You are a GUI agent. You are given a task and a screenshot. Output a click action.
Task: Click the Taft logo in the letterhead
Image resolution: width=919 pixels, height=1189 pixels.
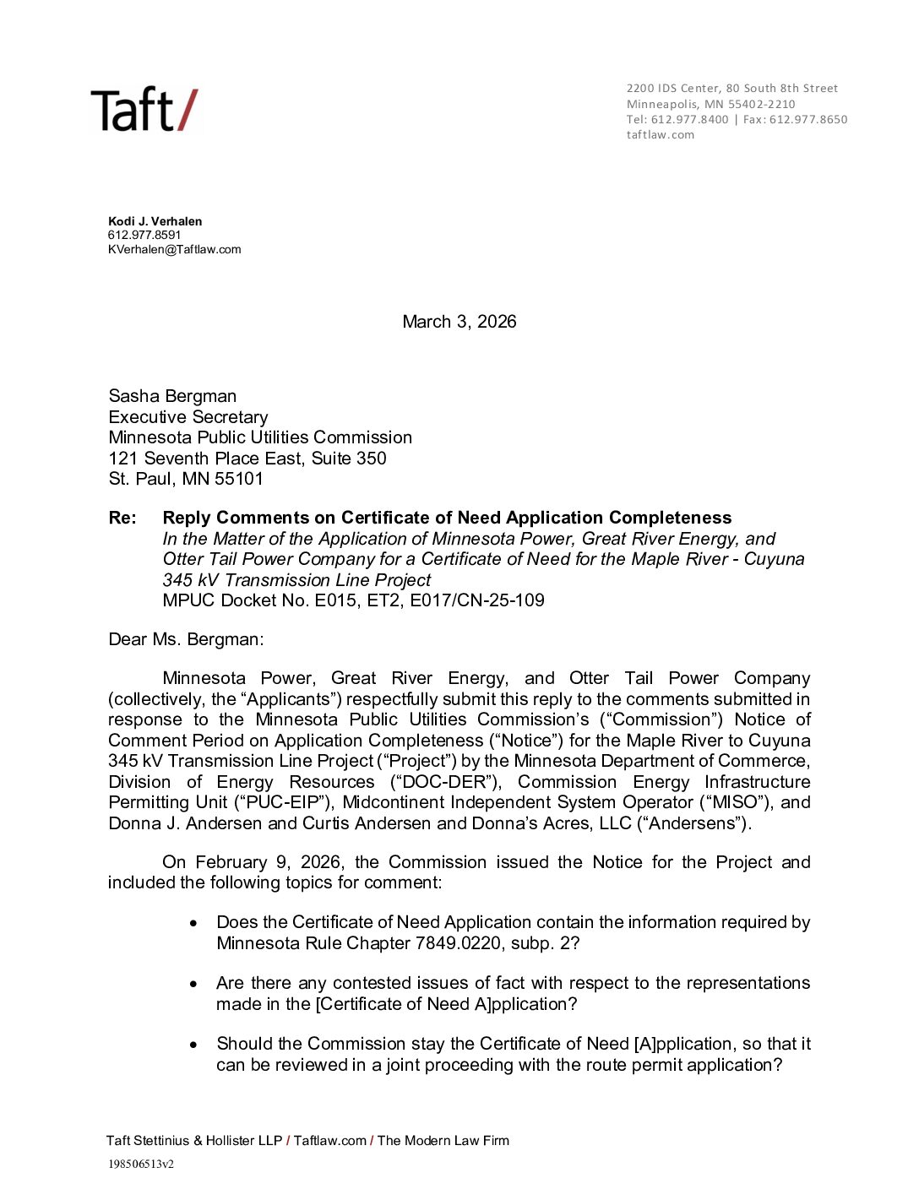point(144,111)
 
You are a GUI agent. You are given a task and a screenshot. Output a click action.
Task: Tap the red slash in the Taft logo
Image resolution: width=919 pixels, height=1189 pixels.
point(188,111)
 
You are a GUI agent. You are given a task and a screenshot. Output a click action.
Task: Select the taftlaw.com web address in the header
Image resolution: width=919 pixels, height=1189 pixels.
point(660,134)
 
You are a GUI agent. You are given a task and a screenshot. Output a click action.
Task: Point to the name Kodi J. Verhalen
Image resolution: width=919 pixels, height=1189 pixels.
point(155,221)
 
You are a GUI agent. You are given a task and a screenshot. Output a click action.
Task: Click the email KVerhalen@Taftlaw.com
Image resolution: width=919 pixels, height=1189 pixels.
point(174,249)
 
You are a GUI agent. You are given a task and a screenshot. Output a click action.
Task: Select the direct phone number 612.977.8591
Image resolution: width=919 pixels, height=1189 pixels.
point(144,235)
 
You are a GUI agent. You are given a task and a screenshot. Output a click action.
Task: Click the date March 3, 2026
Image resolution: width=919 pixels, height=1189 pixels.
point(459,322)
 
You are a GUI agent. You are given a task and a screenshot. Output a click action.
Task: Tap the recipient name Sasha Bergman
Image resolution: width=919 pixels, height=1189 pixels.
point(172,396)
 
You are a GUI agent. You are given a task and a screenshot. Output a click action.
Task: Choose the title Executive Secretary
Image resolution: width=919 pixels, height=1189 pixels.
point(188,417)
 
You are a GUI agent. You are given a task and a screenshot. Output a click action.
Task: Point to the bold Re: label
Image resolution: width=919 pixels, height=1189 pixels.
point(122,518)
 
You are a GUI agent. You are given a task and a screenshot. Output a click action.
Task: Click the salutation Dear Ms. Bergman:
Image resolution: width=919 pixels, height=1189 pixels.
point(186,639)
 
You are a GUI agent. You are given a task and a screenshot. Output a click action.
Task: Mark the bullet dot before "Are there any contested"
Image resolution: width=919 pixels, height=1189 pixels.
point(194,984)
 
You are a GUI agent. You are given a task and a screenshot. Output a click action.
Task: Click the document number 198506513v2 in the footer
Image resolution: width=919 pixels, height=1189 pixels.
point(140,1164)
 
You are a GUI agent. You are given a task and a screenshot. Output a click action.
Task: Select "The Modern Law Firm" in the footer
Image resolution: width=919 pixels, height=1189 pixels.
point(443,1141)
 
